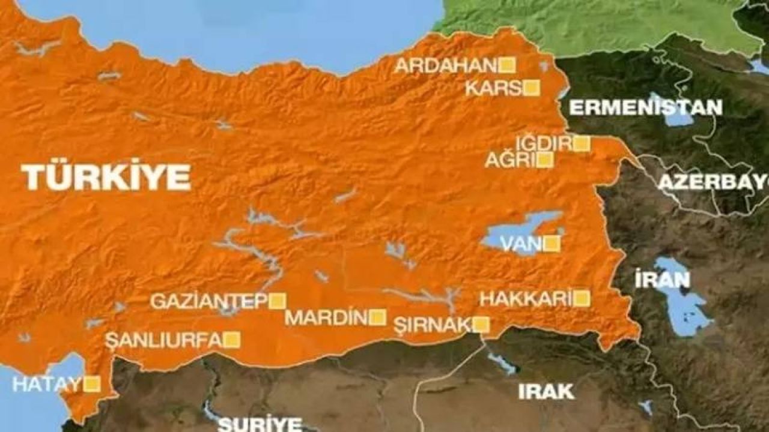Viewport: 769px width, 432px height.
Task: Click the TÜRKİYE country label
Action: coord(106,178)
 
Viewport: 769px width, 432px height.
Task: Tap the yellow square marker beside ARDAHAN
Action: coord(508,65)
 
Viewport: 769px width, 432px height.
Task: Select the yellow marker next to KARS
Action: coord(531,88)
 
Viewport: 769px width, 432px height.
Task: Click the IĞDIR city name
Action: coord(543,144)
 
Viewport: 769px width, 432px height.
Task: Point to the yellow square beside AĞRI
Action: coord(545,160)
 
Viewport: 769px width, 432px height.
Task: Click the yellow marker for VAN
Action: coord(552,244)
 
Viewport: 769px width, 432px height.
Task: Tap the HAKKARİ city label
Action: coord(524,299)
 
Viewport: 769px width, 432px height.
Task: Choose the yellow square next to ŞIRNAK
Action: coord(481,325)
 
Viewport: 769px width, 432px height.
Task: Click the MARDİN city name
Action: coord(326,317)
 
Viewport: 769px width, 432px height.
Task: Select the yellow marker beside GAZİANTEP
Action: coord(277,301)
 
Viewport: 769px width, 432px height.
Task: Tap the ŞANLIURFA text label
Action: coord(164,340)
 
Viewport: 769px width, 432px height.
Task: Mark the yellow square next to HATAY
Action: coord(92,384)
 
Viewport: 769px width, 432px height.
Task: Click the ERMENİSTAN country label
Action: coord(645,108)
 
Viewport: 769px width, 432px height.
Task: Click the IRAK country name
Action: coord(546,392)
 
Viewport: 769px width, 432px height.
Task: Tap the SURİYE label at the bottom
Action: coord(260,424)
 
